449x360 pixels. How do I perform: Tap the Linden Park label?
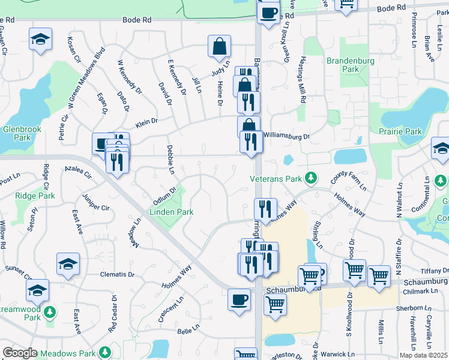click(171, 212)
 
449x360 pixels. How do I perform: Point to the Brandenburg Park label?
click(351, 65)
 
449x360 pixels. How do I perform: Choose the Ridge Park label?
click(35, 196)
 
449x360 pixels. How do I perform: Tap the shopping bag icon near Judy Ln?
click(220, 46)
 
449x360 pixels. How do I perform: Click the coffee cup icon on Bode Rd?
click(268, 12)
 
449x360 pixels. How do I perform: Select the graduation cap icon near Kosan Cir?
click(40, 40)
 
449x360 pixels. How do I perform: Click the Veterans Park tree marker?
click(311, 178)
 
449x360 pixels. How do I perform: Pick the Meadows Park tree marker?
click(106, 351)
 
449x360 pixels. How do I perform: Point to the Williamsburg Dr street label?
click(286, 136)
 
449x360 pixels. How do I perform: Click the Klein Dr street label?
click(146, 122)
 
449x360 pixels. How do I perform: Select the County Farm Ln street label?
click(349, 180)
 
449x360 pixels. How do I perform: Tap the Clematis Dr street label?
click(118, 274)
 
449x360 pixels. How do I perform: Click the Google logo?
click(20, 353)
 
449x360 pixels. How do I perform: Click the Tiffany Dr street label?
click(434, 271)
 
